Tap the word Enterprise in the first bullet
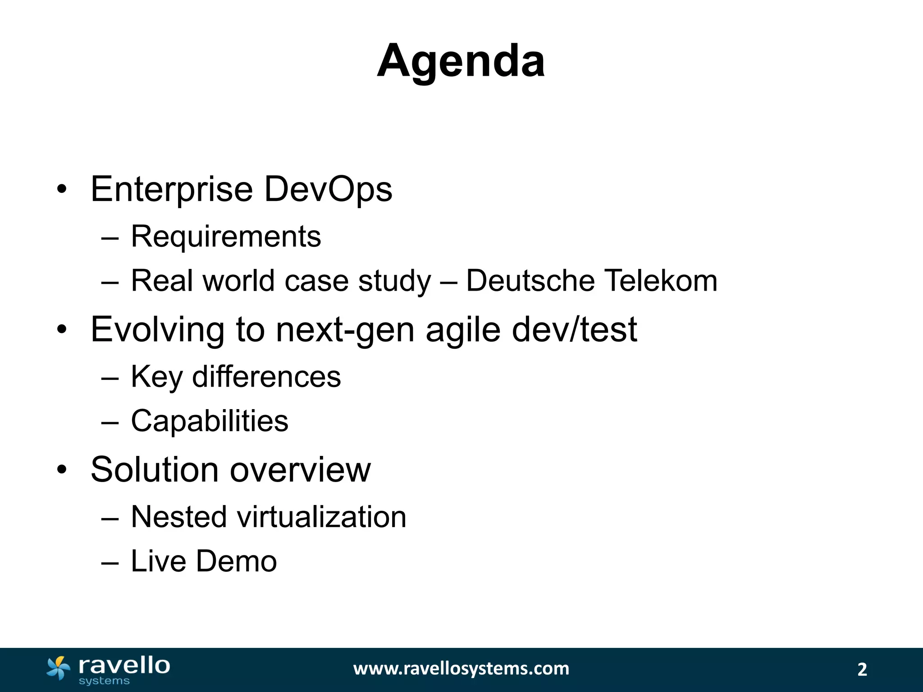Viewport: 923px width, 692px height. (171, 190)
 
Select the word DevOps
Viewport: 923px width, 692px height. (328, 190)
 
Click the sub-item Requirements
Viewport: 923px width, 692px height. (226, 237)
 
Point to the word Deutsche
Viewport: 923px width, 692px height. (530, 281)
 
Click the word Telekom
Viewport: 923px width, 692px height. (660, 281)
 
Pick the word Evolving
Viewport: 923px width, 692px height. (157, 330)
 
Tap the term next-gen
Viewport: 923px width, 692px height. (345, 330)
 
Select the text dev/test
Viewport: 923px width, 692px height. (574, 329)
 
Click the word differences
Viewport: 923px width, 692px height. (266, 377)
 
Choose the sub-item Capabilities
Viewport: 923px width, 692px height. (210, 421)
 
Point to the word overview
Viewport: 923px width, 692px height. (300, 470)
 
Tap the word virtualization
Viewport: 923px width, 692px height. (321, 517)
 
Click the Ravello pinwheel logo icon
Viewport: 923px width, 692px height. (58, 668)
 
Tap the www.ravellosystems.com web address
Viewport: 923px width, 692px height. (461, 669)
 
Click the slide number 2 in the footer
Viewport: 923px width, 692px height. (862, 669)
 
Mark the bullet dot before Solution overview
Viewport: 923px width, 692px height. (62, 470)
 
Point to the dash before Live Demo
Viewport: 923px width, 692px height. (110, 563)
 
